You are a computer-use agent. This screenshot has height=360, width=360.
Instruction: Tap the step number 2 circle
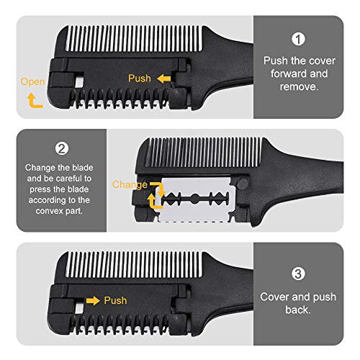pos(62,150)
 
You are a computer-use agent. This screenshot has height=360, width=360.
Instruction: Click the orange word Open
pos(33,82)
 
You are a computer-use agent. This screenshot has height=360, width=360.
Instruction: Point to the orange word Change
pos(128,185)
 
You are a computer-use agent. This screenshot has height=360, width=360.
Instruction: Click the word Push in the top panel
pos(139,78)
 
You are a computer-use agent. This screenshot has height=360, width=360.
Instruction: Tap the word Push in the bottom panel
pos(115,300)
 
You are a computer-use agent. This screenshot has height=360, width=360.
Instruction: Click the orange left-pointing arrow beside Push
pos(165,78)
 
